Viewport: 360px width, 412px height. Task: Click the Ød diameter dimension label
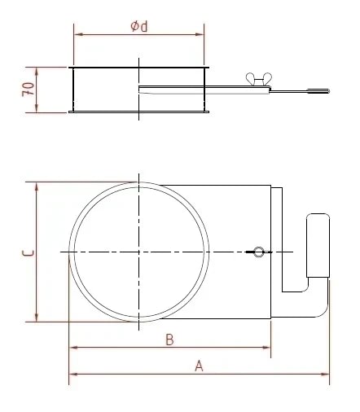click(138, 27)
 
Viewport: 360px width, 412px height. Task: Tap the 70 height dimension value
click(27, 89)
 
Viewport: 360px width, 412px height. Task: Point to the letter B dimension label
click(169, 340)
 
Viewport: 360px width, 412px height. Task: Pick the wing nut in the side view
click(255, 79)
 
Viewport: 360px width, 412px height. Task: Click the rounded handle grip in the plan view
click(316, 245)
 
